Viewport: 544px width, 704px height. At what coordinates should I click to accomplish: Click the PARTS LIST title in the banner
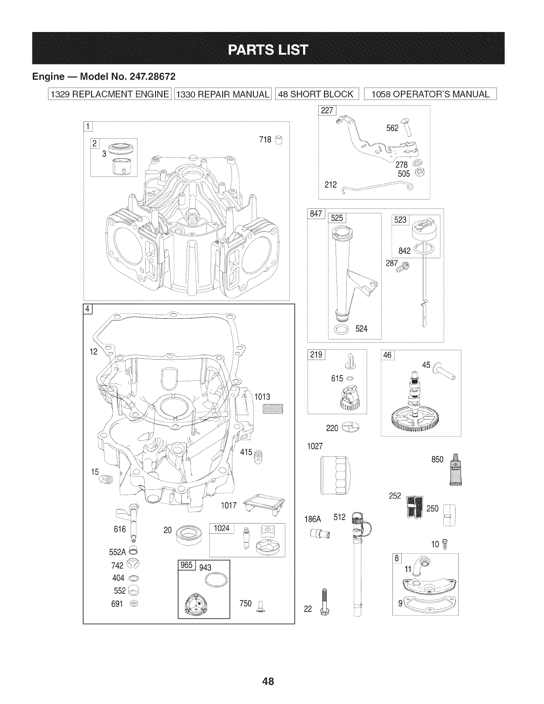268,49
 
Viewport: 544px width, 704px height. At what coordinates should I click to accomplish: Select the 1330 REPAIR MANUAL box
223,94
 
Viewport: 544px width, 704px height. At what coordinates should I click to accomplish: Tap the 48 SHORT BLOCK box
316,94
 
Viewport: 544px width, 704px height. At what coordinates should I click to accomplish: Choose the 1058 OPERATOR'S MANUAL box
430,94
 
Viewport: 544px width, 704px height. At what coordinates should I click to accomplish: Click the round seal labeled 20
189,534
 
